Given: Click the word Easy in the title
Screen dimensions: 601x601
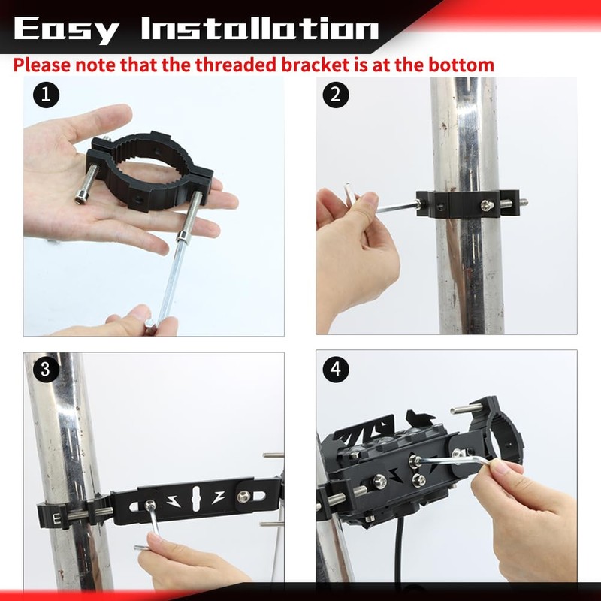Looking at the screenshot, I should [x=66, y=29].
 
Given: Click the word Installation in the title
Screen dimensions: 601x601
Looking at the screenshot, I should [x=260, y=29].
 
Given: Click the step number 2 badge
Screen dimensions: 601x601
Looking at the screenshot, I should [x=336, y=95].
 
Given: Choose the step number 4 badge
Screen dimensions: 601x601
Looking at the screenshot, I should [x=336, y=369].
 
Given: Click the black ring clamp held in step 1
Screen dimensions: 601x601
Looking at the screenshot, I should [x=150, y=162].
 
